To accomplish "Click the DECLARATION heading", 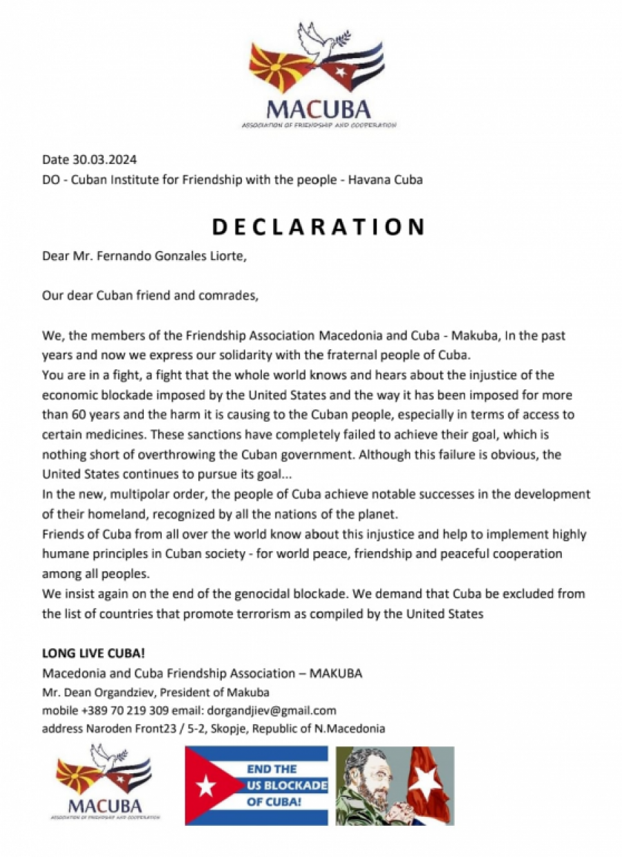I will [318, 226].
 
